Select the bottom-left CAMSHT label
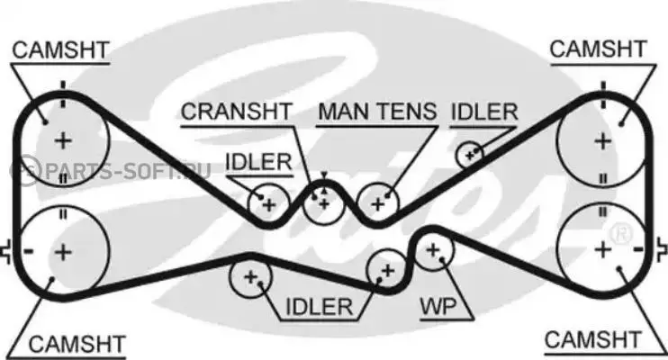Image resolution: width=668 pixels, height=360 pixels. (x=77, y=343)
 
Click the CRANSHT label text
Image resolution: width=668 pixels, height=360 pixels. (x=236, y=112)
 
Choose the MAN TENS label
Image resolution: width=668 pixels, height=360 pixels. (x=377, y=112)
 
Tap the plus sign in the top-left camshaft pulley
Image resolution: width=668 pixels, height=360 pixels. (x=62, y=139)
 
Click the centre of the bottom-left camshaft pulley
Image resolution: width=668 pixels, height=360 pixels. (x=62, y=251)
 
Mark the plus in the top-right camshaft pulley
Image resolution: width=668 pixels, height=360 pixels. (x=601, y=139)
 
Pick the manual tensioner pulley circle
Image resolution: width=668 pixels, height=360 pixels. (x=378, y=203)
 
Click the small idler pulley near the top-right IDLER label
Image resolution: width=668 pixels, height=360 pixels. (x=469, y=155)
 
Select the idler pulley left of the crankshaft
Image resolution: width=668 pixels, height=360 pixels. (x=267, y=204)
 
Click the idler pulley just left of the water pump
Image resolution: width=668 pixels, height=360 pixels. (x=387, y=269)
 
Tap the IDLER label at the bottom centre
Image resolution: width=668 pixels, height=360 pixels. (x=318, y=307)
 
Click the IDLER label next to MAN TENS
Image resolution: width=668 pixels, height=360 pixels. (x=484, y=112)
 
